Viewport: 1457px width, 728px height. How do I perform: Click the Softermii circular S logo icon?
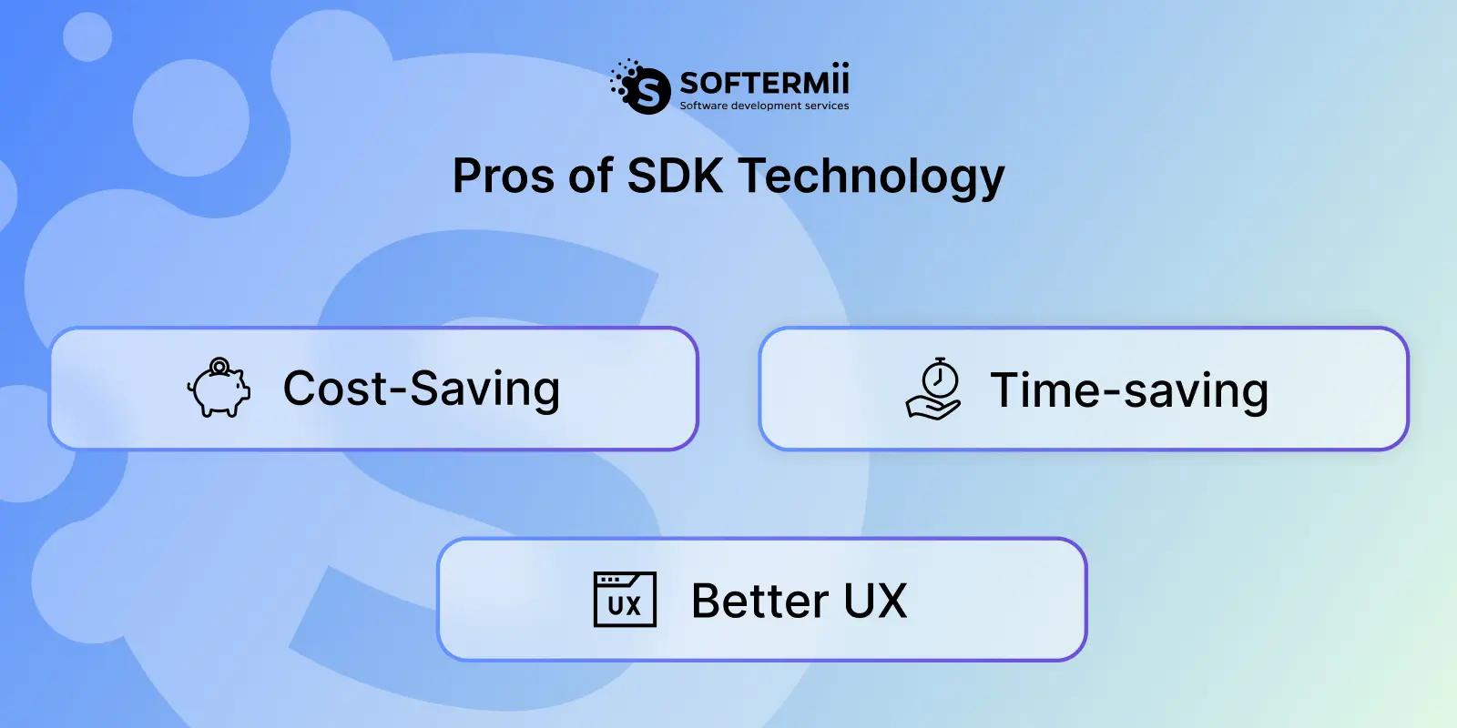click(x=641, y=87)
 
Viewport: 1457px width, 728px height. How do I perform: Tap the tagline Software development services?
click(x=764, y=106)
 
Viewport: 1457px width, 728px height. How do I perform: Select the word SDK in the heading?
click(x=675, y=176)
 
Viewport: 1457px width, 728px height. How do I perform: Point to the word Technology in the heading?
click(x=871, y=177)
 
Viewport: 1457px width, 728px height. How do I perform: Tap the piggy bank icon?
click(x=219, y=388)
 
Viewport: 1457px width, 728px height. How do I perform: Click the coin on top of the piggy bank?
click(x=219, y=366)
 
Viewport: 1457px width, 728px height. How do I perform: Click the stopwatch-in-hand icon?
click(x=934, y=389)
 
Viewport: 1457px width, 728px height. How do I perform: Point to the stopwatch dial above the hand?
click(x=940, y=379)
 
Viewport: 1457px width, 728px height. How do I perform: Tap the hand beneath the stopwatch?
click(x=932, y=409)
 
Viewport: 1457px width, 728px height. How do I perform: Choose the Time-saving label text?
click(x=1129, y=390)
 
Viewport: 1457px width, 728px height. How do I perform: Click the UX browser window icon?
click(x=625, y=600)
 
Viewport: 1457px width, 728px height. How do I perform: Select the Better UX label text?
click(x=799, y=601)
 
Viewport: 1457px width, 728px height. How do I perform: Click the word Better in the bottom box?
click(x=760, y=601)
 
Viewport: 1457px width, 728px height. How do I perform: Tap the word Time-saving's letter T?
click(x=1007, y=390)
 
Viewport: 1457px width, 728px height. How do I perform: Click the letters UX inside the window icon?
click(x=625, y=606)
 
